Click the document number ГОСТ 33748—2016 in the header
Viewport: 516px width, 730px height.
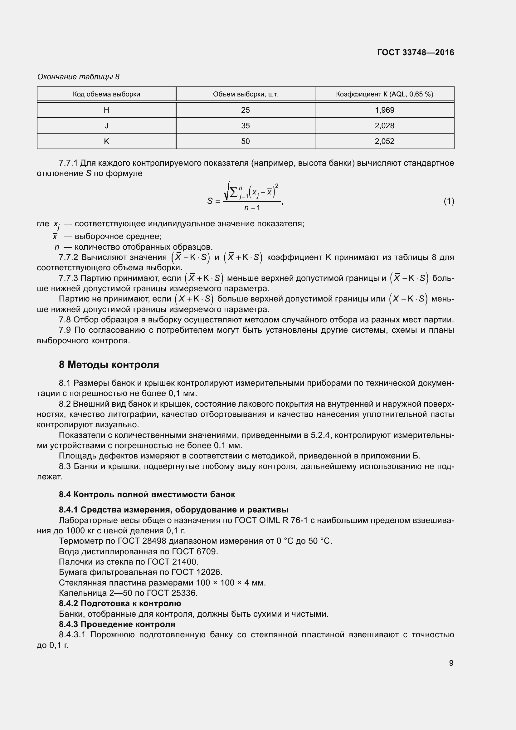click(416, 52)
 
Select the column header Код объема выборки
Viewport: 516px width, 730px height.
click(106, 95)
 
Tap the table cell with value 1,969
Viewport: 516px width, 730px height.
click(384, 110)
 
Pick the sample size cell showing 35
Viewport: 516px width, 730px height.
click(245, 126)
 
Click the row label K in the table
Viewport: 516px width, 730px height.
click(106, 141)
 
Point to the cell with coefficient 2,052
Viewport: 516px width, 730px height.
click(384, 141)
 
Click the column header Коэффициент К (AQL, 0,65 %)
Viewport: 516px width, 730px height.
click(384, 95)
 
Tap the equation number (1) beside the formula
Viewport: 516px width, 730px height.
click(449, 201)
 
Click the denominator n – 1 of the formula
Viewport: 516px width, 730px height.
click(252, 208)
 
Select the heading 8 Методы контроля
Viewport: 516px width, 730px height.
click(109, 364)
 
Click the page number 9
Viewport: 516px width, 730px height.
click(451, 663)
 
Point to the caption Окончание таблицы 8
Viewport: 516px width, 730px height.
click(78, 77)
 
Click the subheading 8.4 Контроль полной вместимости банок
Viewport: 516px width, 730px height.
click(147, 494)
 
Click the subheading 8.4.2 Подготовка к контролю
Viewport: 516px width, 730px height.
click(120, 604)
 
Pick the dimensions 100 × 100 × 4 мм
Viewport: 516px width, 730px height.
click(230, 583)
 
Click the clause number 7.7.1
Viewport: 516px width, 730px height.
click(68, 163)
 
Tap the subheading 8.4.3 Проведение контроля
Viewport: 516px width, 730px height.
click(117, 624)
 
